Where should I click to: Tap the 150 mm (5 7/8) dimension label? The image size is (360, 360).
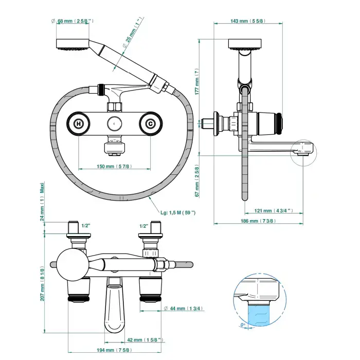coord(114,166)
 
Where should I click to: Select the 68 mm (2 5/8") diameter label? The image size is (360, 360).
coord(73,21)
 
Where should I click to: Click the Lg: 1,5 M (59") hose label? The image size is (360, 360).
coord(177,212)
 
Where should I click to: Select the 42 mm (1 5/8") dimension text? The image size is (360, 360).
coord(145,339)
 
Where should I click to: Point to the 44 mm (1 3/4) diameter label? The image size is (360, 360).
coord(182,308)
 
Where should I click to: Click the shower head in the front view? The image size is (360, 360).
coord(72,44)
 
